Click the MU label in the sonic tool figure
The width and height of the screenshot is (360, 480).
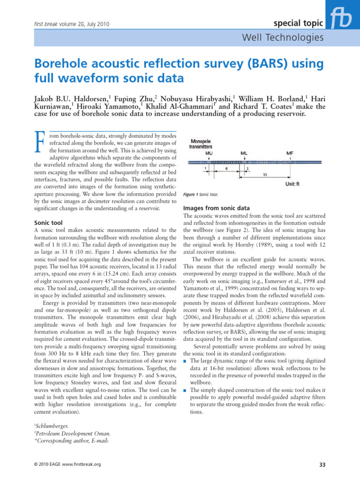point(209,153)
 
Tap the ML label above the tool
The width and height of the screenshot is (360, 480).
point(244,153)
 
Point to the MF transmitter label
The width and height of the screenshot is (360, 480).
point(291,153)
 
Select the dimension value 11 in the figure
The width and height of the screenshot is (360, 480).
point(265,173)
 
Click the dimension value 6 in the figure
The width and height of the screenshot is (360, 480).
point(227,167)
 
